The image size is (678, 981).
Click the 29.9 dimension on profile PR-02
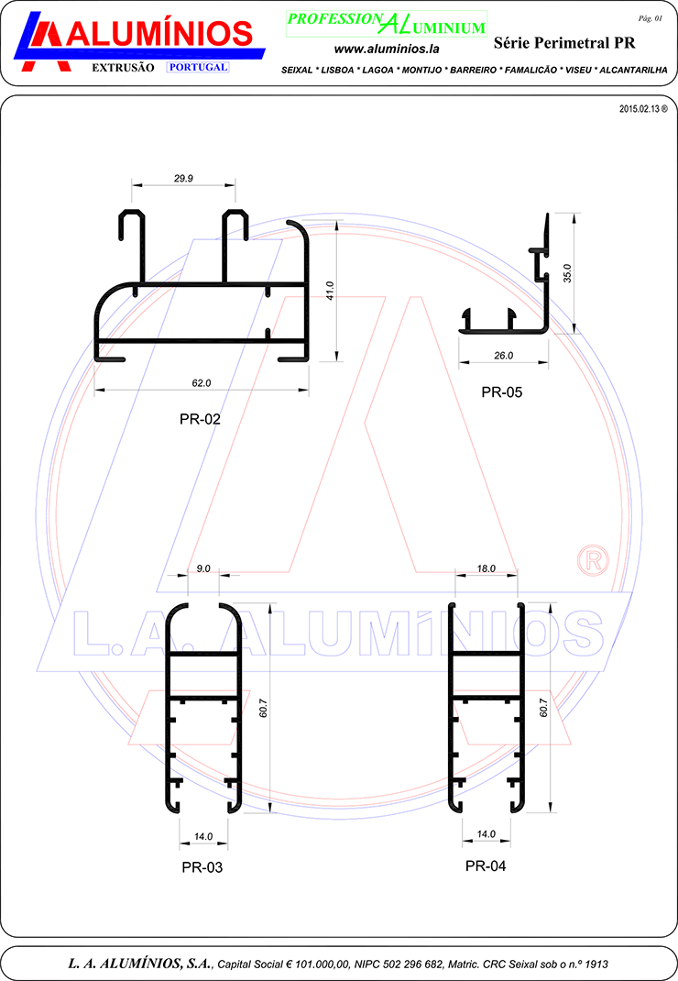click(x=183, y=178)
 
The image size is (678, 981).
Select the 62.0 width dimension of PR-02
click(x=202, y=383)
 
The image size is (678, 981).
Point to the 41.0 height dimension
click(x=330, y=291)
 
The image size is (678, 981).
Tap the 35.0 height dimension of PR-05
click(x=567, y=273)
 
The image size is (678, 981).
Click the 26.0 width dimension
click(x=504, y=356)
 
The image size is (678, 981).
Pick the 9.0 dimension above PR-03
click(x=203, y=568)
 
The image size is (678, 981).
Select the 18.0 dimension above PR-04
click(x=486, y=568)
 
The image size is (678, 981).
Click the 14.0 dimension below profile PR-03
click(x=203, y=836)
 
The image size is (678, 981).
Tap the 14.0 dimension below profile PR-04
click(x=486, y=834)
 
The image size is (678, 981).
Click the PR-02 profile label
click(x=200, y=419)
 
